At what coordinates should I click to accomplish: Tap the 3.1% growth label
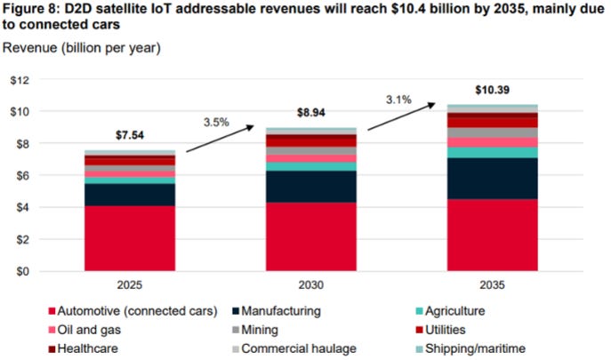tap(398, 100)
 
